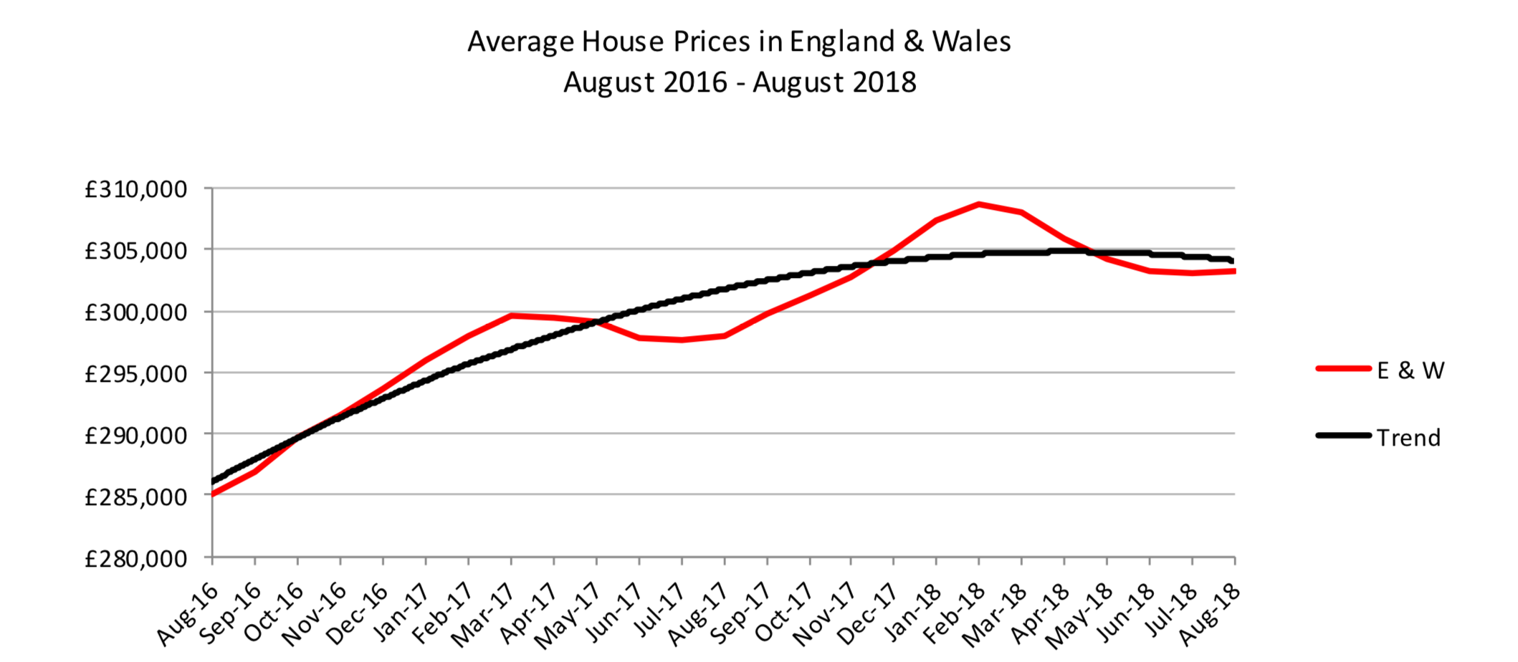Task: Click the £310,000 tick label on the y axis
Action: tap(135, 190)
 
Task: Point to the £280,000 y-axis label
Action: tap(135, 558)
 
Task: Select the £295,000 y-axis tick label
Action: tap(135, 374)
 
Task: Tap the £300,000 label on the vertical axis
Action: tap(135, 313)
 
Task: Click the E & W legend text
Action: tap(1410, 370)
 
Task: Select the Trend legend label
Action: tap(1408, 438)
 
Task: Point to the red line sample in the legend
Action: tap(1343, 369)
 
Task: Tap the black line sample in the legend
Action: tap(1343, 436)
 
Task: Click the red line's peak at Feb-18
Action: tap(979, 204)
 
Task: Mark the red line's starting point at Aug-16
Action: tap(213, 494)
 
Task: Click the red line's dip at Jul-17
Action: tap(682, 340)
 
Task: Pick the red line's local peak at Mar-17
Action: tap(511, 315)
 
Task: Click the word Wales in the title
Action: tap(971, 42)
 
